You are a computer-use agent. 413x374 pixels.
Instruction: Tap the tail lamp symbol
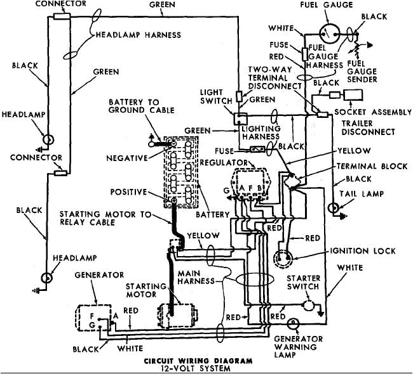[334, 207]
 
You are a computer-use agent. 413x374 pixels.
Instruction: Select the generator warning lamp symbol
[293, 323]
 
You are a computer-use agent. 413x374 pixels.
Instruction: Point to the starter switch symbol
[308, 306]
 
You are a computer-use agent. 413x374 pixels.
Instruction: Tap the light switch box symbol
[240, 117]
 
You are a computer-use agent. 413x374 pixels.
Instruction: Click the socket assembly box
[353, 95]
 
